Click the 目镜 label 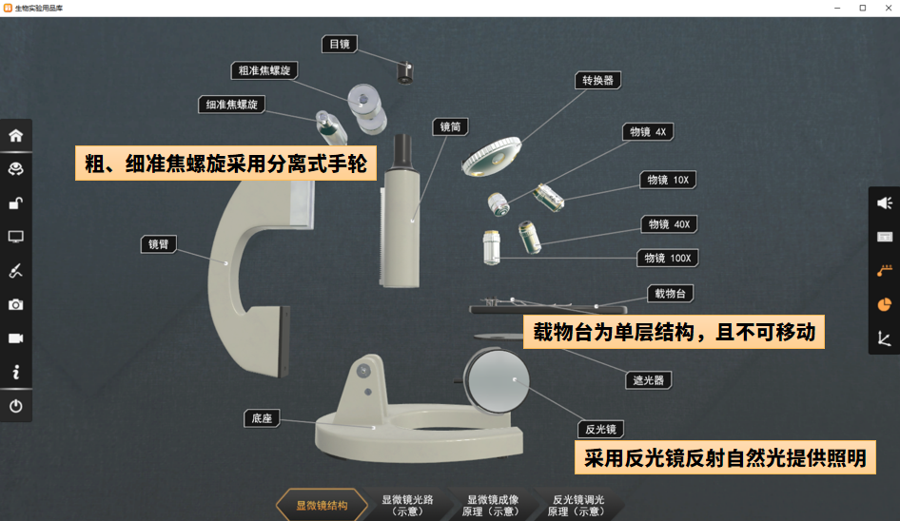tap(340, 44)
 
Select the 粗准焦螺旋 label tap(264, 70)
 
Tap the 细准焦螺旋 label tap(232, 105)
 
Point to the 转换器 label tap(597, 81)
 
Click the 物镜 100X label tap(667, 258)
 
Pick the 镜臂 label tap(158, 244)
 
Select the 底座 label tap(262, 418)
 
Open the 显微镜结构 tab tap(322, 505)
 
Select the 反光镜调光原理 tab tap(577, 505)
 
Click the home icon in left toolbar tap(16, 135)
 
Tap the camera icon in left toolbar tap(16, 304)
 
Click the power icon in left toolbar tap(16, 406)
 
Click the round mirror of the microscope tap(497, 379)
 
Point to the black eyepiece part tap(404, 71)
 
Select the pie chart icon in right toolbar tap(884, 304)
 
